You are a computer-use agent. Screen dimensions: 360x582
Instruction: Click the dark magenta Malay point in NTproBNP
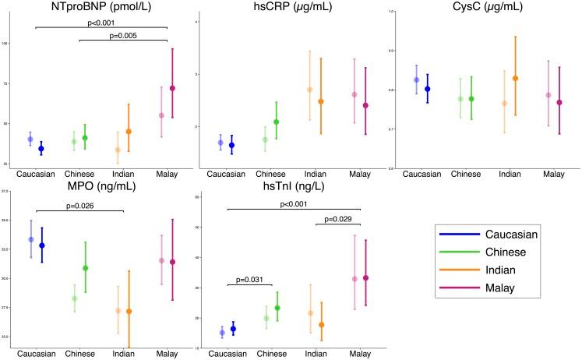[x=173, y=88]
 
